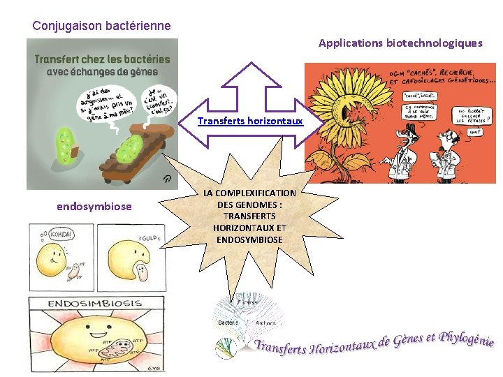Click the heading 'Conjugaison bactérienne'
101,26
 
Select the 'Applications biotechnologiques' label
400,43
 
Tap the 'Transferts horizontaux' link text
250,121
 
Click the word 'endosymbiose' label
94,207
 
